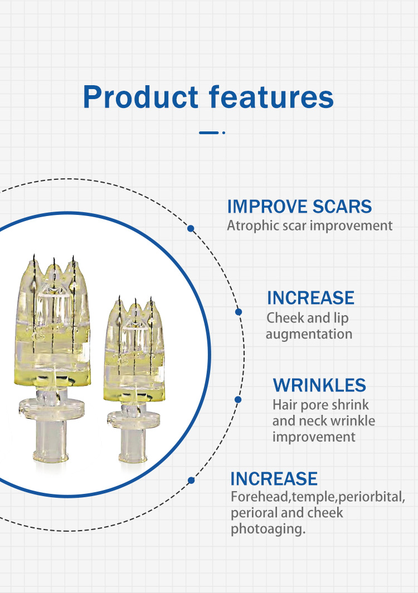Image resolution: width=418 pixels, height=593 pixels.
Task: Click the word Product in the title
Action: [x=140, y=97]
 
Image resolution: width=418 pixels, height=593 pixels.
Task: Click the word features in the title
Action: [x=271, y=97]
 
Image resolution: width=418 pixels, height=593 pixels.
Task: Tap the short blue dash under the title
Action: [x=208, y=133]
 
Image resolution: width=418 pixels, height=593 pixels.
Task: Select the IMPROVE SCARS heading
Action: [x=299, y=207]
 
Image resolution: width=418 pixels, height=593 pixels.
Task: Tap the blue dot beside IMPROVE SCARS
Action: [x=191, y=228]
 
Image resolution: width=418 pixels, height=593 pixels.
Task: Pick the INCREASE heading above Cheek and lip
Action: [x=310, y=298]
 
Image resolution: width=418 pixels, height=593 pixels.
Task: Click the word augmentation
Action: [x=309, y=334]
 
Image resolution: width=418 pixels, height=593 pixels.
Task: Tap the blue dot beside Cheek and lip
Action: [x=239, y=312]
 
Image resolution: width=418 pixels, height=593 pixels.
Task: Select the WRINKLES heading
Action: [x=319, y=385]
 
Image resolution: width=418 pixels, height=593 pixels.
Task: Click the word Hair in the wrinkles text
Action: [x=283, y=405]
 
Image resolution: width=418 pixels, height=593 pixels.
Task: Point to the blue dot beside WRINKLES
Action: [x=238, y=400]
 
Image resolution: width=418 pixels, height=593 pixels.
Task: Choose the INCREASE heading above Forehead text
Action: [x=274, y=478]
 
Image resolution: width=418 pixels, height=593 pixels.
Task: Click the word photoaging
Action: [x=268, y=529]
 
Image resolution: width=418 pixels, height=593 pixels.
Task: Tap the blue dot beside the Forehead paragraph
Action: [x=191, y=481]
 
